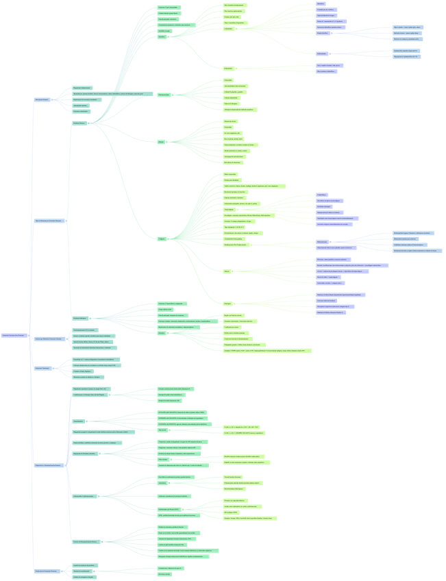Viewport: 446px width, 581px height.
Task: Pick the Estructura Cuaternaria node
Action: pyautogui.click(x=42, y=368)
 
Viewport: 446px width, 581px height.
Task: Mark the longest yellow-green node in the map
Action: pyautogui.click(x=267, y=351)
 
